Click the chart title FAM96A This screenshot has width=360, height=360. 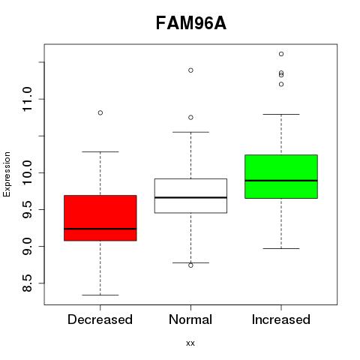(x=191, y=23)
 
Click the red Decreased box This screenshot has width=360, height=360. (x=100, y=218)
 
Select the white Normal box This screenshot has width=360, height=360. (x=190, y=196)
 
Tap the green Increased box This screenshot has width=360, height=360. (x=281, y=176)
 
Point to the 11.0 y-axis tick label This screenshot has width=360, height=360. (x=27, y=99)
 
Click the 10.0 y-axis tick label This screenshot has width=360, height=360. (x=27, y=172)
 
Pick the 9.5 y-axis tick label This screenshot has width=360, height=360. (x=27, y=209)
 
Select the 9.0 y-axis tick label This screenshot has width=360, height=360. (x=27, y=246)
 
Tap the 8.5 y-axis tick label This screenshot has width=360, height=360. (x=27, y=283)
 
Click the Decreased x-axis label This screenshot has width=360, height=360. (x=100, y=319)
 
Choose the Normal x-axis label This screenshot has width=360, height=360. (x=190, y=319)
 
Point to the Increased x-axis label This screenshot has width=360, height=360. (x=281, y=319)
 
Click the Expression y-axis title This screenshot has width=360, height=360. (x=7, y=174)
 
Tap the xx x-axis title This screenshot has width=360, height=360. (x=190, y=343)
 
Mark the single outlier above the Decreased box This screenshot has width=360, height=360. (x=100, y=112)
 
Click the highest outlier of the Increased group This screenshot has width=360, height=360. (x=281, y=54)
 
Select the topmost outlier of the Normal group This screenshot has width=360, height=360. (x=190, y=70)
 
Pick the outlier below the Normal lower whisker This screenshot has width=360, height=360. (x=190, y=265)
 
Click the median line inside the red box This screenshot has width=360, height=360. (x=100, y=229)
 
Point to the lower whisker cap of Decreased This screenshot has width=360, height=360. (x=100, y=295)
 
